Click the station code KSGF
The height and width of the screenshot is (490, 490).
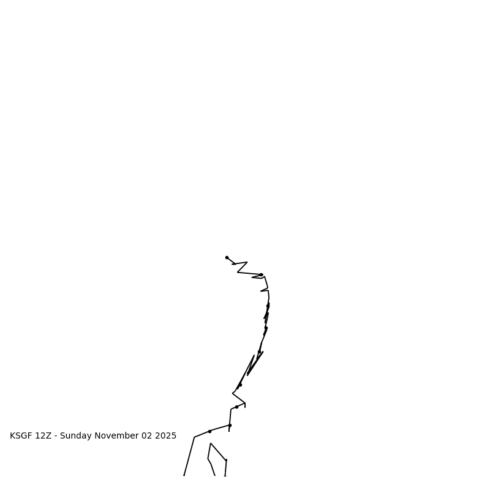(x=21, y=436)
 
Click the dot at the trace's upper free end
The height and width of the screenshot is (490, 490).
(x=227, y=257)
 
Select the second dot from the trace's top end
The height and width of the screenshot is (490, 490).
(x=261, y=275)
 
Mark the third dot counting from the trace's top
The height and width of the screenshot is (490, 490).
(x=268, y=306)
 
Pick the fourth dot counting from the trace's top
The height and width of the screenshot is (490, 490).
(x=266, y=328)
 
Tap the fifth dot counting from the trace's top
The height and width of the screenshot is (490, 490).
(x=259, y=352)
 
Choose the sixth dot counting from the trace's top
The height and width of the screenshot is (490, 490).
(x=240, y=385)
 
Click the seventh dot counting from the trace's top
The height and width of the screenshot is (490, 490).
(x=236, y=407)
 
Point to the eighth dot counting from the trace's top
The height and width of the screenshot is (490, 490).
(x=230, y=425)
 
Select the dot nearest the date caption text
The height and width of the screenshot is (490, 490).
(x=209, y=431)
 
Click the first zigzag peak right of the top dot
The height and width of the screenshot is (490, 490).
(x=247, y=262)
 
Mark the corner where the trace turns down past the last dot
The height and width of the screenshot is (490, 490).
(x=194, y=437)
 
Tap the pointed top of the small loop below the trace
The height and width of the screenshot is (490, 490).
(x=211, y=443)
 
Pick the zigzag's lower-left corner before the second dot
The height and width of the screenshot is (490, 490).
(x=238, y=273)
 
